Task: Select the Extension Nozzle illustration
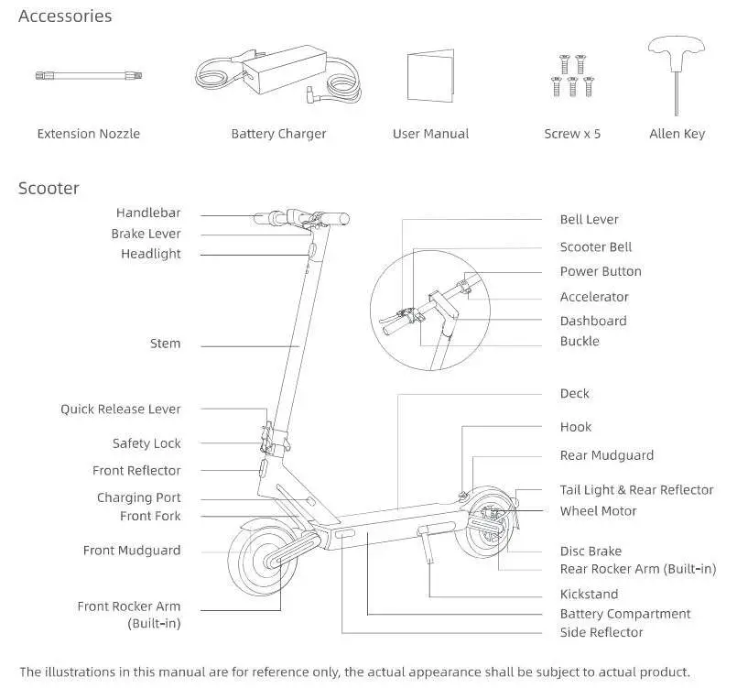coord(89,77)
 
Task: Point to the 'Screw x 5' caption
coord(572,134)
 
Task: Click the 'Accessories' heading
coord(65,16)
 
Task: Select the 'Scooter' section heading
coord(49,189)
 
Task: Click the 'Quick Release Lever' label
coord(121,410)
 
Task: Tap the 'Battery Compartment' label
coord(625,614)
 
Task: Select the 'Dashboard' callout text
coord(593,321)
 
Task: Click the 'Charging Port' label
coord(139,497)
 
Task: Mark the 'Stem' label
coord(166,344)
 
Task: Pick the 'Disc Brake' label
coord(591,551)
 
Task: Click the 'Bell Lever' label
coord(589,220)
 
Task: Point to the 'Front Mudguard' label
coord(132,551)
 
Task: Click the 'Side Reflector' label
coord(602,632)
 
